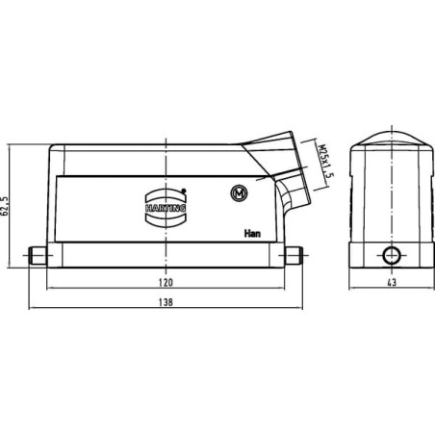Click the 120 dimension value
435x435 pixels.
(x=166, y=282)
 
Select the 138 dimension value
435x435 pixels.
(x=166, y=302)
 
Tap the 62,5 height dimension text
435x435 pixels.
(x=6, y=206)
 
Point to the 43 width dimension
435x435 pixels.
(x=392, y=282)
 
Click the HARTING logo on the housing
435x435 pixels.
(x=166, y=208)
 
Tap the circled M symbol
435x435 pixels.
(x=240, y=193)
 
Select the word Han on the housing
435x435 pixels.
(x=252, y=233)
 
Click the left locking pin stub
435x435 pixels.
(x=38, y=255)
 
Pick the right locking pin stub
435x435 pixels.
(x=294, y=255)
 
